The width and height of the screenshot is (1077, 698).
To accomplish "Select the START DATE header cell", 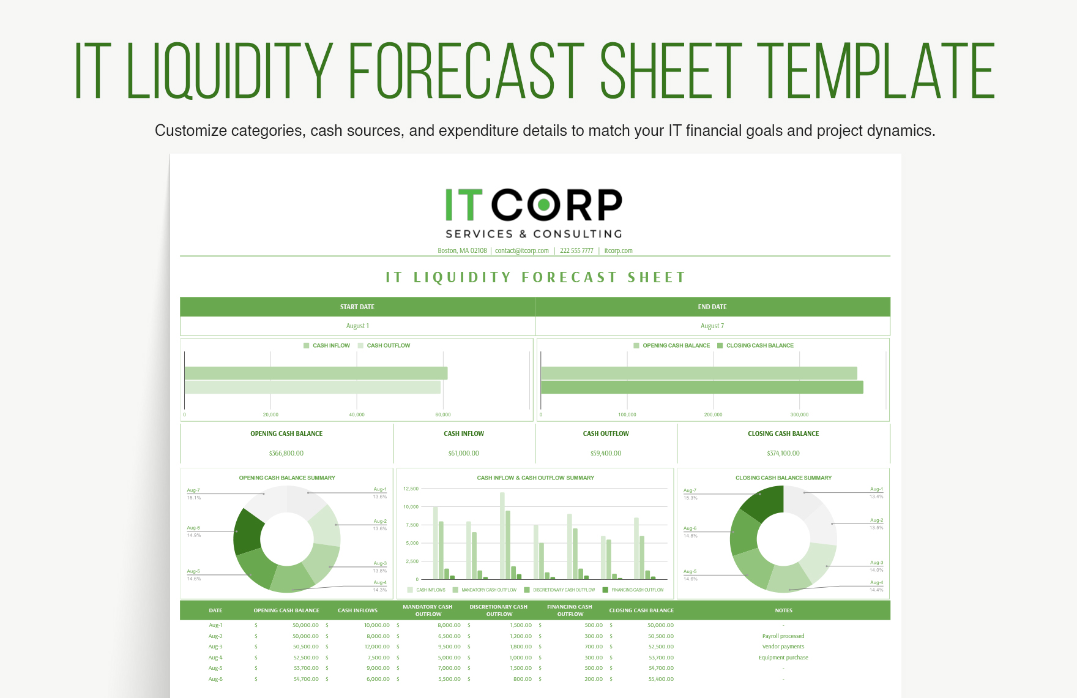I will click(357, 307).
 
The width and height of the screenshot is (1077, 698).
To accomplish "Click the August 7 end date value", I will click(712, 326).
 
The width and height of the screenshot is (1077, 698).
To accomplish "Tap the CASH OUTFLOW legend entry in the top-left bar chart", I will click(388, 345).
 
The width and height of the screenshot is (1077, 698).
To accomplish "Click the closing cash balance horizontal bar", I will click(701, 387).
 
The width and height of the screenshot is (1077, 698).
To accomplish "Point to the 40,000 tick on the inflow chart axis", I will click(357, 415).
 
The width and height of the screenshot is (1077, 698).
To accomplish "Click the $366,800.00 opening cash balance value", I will click(286, 453).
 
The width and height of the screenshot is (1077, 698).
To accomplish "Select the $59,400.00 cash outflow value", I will click(605, 453).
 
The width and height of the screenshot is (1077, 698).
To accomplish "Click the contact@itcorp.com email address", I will click(521, 250).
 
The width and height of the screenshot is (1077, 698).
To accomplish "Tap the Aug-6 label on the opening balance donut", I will click(193, 528).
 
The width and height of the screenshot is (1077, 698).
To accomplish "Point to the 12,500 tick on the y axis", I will click(411, 489).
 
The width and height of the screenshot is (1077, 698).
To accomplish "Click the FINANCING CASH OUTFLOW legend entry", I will click(637, 590).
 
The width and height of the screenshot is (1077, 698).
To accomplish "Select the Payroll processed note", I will click(783, 636).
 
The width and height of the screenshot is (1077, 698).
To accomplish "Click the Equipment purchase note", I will click(783, 658).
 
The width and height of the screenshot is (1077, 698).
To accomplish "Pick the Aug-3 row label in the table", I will click(215, 647).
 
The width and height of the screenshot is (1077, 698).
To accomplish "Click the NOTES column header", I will click(783, 610).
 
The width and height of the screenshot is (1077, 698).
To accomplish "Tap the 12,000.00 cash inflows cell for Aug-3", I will click(377, 647).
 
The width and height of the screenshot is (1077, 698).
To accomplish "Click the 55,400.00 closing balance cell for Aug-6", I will click(660, 679).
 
